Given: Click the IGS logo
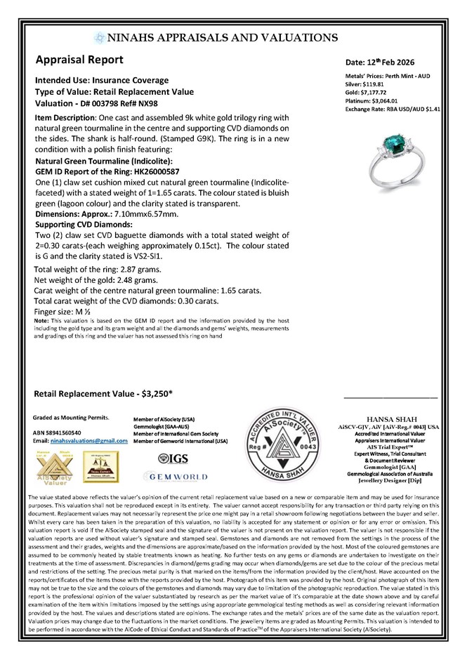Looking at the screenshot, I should [x=171, y=458].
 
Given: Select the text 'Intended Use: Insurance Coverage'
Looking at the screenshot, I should [x=102, y=81].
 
